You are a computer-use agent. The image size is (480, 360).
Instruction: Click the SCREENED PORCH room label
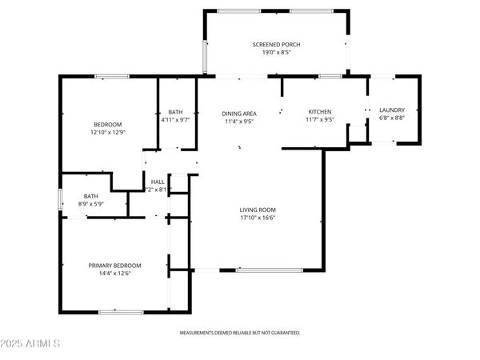(276, 44)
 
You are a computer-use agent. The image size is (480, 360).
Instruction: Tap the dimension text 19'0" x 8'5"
(276, 53)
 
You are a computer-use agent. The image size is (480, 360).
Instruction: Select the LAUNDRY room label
(392, 110)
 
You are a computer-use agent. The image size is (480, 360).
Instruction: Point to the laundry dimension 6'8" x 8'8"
(392, 118)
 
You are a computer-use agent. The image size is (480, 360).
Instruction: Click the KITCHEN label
(320, 111)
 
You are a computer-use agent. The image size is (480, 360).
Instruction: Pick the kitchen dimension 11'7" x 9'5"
(320, 119)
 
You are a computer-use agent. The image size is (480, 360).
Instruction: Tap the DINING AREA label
(238, 114)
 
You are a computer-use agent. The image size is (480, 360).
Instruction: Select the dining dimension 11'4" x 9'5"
(238, 122)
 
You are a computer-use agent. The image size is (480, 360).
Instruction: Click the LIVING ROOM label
(258, 210)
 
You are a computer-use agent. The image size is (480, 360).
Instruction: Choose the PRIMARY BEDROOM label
(114, 266)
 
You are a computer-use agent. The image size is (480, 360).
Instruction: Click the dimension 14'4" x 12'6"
(114, 274)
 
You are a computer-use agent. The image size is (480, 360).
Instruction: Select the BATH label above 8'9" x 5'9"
(91, 196)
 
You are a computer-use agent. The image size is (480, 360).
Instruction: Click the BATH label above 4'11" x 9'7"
(175, 112)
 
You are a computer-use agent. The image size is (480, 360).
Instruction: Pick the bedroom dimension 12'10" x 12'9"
(108, 132)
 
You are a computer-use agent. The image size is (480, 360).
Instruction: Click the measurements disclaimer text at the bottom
(240, 331)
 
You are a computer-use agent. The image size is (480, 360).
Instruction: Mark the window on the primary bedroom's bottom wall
(115, 311)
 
